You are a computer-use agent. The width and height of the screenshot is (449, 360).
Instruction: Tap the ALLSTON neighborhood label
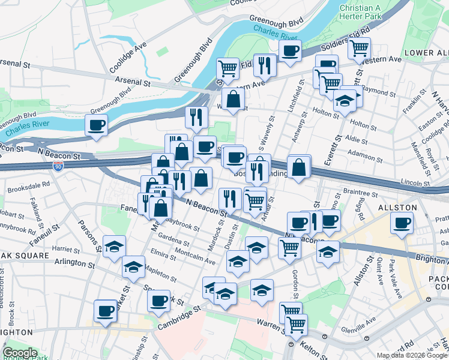pyautogui.click(x=397, y=208)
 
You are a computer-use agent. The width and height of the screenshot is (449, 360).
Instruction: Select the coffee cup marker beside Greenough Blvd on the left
pyautogui.click(x=97, y=125)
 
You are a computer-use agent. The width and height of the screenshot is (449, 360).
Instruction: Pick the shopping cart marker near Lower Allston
pyautogui.click(x=360, y=47)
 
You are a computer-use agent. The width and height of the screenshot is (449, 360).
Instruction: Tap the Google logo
pyautogui.click(x=20, y=353)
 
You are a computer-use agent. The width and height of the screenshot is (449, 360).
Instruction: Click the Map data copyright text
pyautogui.click(x=412, y=355)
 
